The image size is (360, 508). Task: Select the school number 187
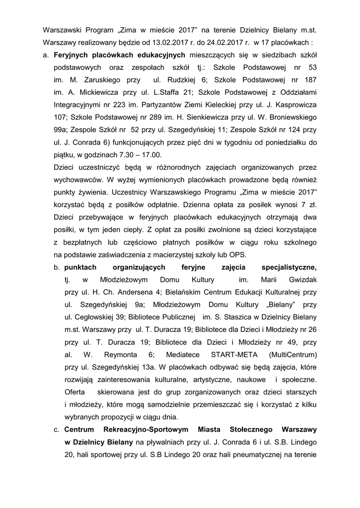[307, 80]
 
